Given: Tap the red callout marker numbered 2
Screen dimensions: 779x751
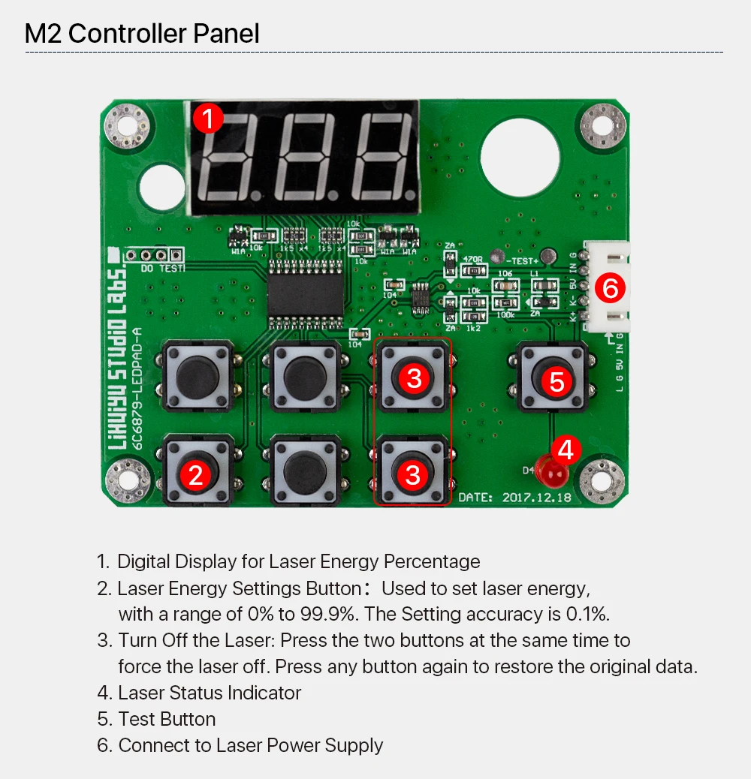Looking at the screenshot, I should [x=196, y=474].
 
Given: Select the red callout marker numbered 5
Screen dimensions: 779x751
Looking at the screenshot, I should [x=556, y=380].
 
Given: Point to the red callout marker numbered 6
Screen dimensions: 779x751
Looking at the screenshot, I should [x=610, y=287].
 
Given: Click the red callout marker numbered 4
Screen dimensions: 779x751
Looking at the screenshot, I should [x=566, y=450].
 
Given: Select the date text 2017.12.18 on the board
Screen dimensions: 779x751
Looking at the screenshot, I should [x=535, y=497].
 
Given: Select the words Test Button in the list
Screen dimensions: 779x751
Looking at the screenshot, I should [x=167, y=719].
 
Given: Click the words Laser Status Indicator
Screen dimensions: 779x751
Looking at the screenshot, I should [x=210, y=693].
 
